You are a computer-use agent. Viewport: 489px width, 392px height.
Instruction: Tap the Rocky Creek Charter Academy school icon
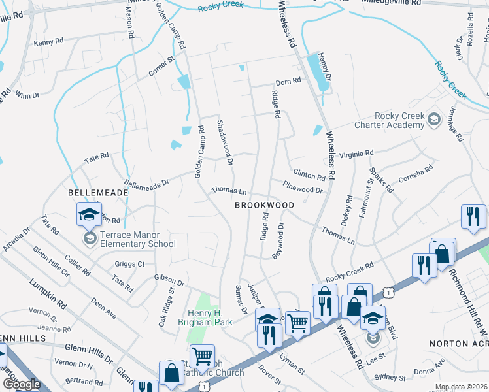pyautogui.click(x=433, y=119)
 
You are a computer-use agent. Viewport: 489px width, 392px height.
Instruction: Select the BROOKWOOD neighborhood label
pyautogui.click(x=264, y=205)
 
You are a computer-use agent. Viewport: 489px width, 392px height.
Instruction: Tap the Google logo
pyautogui.click(x=22, y=384)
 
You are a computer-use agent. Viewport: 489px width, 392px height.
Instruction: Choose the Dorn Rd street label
pyautogui.click(x=288, y=82)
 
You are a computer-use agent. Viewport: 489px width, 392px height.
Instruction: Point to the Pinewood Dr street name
pyautogui.click(x=303, y=187)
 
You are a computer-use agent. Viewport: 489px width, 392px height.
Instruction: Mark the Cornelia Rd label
pyautogui.click(x=415, y=174)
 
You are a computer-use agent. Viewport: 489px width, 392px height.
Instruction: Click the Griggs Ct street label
pyautogui.click(x=129, y=265)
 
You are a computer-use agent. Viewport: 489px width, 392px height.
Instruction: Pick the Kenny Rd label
pyautogui.click(x=48, y=42)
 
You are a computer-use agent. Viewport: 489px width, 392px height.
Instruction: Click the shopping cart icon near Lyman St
pyautogui.click(x=298, y=321)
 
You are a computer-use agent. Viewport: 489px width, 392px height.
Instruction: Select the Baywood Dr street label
pyautogui.click(x=278, y=241)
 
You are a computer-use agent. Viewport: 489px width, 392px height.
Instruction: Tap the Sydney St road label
pyautogui.click(x=390, y=378)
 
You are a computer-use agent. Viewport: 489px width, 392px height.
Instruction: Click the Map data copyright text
pyautogui.click(x=461, y=387)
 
